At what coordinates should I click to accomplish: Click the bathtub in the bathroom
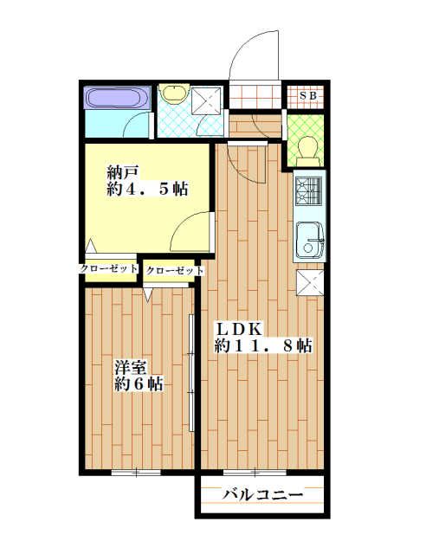tap(118, 98)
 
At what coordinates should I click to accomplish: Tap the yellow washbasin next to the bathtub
tap(174, 93)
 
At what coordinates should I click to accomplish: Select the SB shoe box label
tap(307, 95)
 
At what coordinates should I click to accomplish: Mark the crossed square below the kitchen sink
tap(308, 283)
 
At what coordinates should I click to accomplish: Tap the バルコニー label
tap(262, 495)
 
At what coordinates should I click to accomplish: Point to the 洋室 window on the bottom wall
tap(136, 473)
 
